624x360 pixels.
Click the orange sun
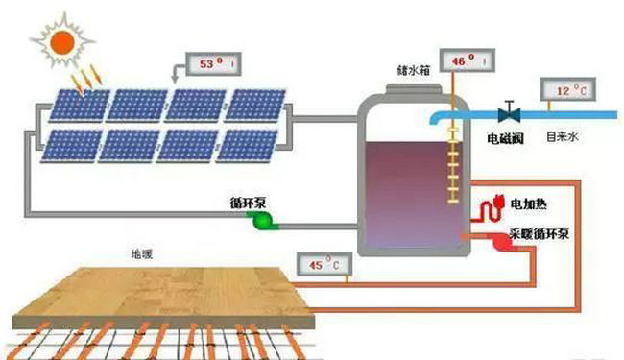click(62, 41)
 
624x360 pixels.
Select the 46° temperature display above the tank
click(465, 62)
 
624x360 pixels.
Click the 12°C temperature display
click(568, 93)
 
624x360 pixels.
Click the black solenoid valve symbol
click(509, 112)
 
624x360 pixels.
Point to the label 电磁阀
click(505, 138)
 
